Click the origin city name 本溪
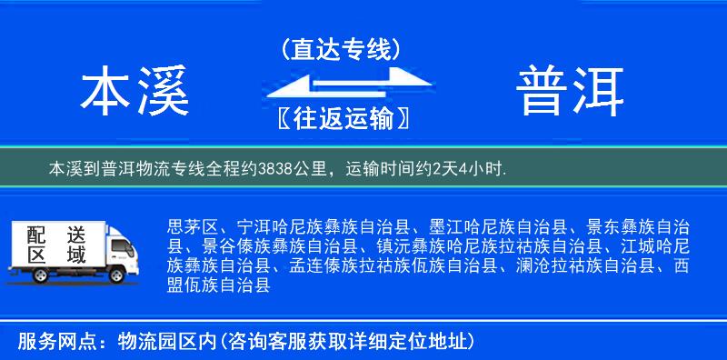click(134, 92)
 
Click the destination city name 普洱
click(571, 92)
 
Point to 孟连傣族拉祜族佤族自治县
click(391, 266)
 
